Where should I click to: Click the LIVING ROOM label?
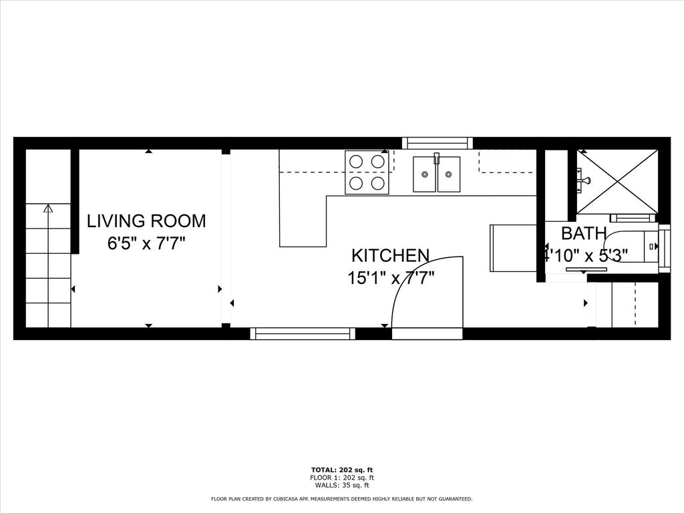tap(146, 220)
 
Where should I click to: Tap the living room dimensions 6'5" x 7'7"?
tap(147, 243)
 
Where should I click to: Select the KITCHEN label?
tap(390, 255)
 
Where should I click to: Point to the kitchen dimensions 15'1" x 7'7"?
tap(391, 277)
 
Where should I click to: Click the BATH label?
tap(584, 233)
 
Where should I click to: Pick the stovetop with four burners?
tap(367, 172)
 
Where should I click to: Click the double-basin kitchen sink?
tap(437, 174)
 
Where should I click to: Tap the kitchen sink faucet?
tap(437, 158)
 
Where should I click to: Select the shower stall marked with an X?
tap(617, 182)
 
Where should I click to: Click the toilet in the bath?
tap(633, 246)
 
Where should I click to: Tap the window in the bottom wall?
tap(303, 334)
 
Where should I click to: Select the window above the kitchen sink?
tap(437, 143)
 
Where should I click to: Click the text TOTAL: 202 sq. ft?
tap(342, 470)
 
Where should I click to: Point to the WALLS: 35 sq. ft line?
tap(342, 485)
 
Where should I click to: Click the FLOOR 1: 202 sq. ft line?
tap(342, 478)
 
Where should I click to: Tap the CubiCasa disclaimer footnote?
tap(341, 498)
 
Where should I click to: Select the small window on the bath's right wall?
tap(665, 248)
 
